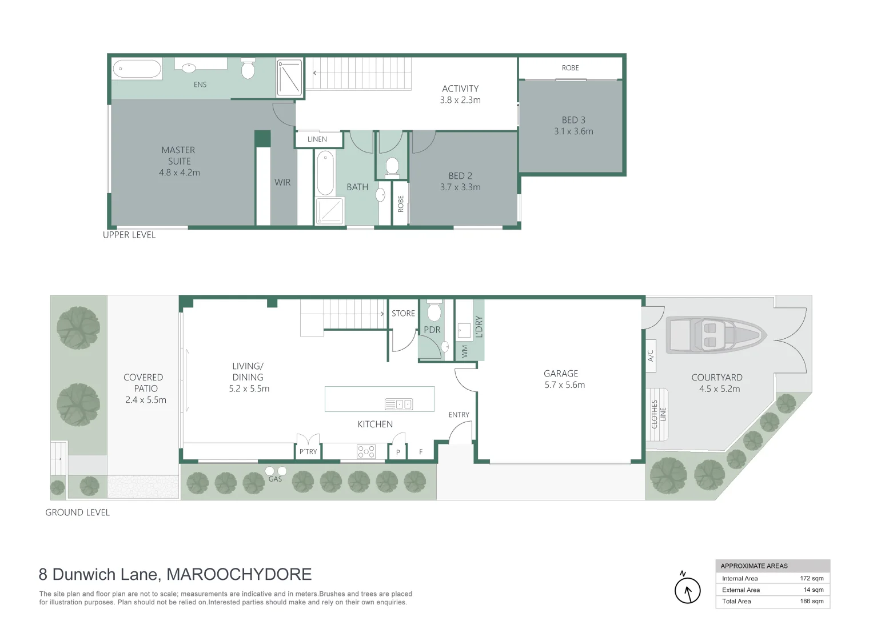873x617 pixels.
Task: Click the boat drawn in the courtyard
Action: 715,334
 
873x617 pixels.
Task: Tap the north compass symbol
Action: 687,590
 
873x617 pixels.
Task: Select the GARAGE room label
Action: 561,374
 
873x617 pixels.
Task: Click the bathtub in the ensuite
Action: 137,69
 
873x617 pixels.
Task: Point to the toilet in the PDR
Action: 434,311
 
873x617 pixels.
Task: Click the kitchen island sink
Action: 398,404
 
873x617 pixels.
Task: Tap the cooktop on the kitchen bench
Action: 366,451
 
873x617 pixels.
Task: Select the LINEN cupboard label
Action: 317,139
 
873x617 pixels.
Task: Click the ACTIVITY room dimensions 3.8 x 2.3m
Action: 460,100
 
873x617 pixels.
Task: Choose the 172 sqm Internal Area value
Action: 811,579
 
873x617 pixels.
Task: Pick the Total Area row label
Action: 736,602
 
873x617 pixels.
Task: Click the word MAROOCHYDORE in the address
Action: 239,575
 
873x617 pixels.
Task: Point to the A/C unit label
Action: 651,355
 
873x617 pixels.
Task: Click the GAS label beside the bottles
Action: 275,479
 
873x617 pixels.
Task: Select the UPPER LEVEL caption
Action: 129,235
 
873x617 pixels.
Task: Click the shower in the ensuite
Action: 289,77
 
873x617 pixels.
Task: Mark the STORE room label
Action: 403,314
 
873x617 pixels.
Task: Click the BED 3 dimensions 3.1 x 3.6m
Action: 573,131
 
